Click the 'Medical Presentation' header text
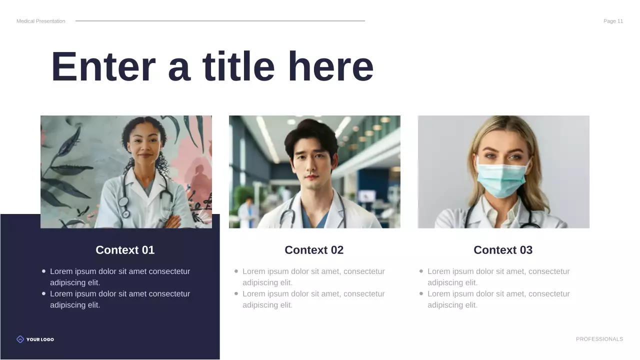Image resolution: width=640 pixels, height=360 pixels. [40, 21]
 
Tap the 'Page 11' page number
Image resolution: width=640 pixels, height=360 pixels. [613, 21]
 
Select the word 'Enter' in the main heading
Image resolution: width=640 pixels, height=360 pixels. [103, 67]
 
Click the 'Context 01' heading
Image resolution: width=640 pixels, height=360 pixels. [125, 250]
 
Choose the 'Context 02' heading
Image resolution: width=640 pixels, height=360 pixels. [314, 250]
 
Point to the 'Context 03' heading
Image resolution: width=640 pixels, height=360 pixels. [503, 250]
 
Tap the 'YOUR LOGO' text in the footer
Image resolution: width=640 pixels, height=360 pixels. [40, 339]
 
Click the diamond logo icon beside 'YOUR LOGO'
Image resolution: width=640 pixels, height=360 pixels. [20, 339]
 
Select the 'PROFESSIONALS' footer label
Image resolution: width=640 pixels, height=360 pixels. [599, 339]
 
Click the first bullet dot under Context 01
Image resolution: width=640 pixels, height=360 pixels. [43, 271]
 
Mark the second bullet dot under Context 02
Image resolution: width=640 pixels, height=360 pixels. [236, 293]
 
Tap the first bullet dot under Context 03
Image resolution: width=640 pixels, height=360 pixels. [421, 271]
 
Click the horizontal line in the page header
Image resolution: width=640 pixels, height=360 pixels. [220, 21]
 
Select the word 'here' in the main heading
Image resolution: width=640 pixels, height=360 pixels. [330, 67]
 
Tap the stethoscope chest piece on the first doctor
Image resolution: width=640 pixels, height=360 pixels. [125, 213]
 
